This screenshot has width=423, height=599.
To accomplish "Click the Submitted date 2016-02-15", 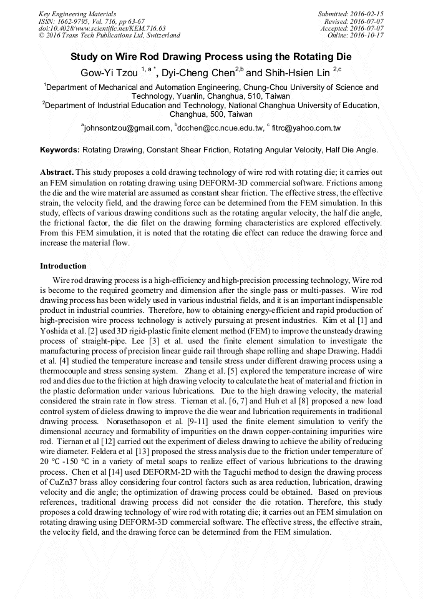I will pos(369,14).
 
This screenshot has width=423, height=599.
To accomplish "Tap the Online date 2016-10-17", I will pos(369,36).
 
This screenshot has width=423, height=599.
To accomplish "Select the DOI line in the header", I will pos(102,28).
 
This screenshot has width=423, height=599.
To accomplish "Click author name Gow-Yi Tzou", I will pos(108,72).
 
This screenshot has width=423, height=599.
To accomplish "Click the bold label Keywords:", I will pos(60,151).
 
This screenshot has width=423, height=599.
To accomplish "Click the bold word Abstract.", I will pos(57,172).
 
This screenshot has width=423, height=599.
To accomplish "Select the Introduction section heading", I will pos(63,266).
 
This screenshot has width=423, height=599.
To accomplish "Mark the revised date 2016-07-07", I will pos(369,21).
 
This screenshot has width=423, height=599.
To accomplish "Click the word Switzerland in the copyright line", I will pos(160,36).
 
